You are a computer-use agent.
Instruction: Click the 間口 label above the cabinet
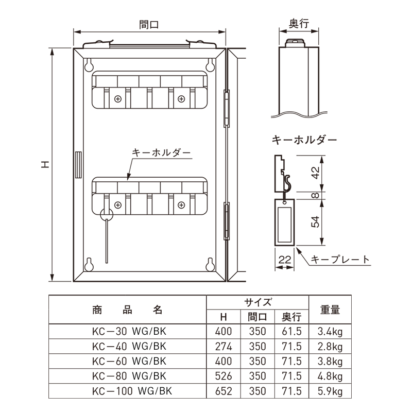[x=149, y=24]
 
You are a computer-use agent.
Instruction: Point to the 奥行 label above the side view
[x=299, y=24]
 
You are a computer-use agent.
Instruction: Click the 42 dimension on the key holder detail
[x=315, y=173]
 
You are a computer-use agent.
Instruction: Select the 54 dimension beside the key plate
[x=315, y=222]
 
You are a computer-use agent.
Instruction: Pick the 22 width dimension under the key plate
[x=285, y=260]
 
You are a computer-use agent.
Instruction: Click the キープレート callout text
[x=340, y=260]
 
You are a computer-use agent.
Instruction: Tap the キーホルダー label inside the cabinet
[x=161, y=152]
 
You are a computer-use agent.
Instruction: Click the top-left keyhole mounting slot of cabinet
[x=89, y=65]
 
